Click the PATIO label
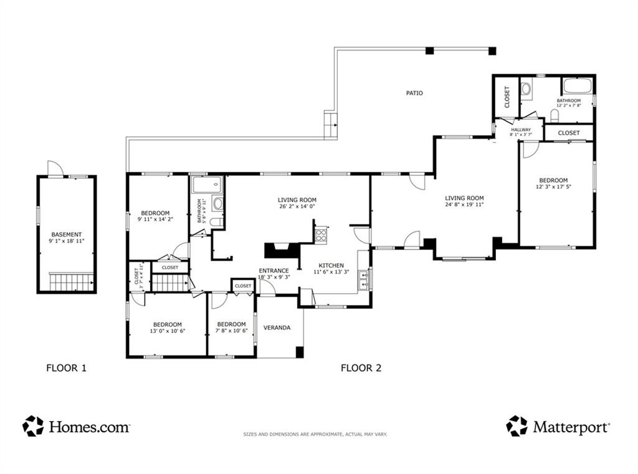(414, 93)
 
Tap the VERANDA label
(277, 327)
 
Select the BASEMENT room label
(66, 235)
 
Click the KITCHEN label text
(331, 266)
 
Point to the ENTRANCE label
(274, 271)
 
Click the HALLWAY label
(521, 130)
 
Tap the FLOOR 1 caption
(66, 368)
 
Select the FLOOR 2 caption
(361, 368)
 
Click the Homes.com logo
(76, 427)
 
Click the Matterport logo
(558, 427)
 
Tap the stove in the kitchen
(321, 235)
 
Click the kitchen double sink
(363, 280)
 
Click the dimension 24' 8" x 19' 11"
(464, 205)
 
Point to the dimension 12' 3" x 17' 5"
(553, 187)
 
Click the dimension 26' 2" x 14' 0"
(297, 206)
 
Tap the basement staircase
(72, 282)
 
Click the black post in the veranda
(300, 352)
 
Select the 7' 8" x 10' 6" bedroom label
(232, 327)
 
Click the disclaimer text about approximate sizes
(315, 435)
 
